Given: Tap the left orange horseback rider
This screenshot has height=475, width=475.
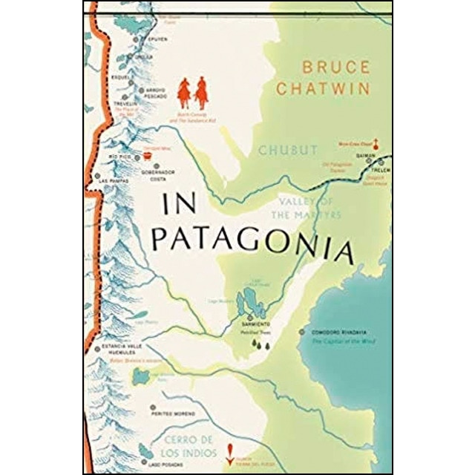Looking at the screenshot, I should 183,92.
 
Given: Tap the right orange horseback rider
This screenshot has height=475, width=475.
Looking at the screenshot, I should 201,94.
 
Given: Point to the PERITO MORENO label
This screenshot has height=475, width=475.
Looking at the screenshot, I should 175,412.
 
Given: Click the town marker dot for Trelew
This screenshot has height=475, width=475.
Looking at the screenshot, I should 381,160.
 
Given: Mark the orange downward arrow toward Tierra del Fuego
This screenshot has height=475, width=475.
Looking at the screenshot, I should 229,448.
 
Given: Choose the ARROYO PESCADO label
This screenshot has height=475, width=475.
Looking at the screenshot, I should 160,94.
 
